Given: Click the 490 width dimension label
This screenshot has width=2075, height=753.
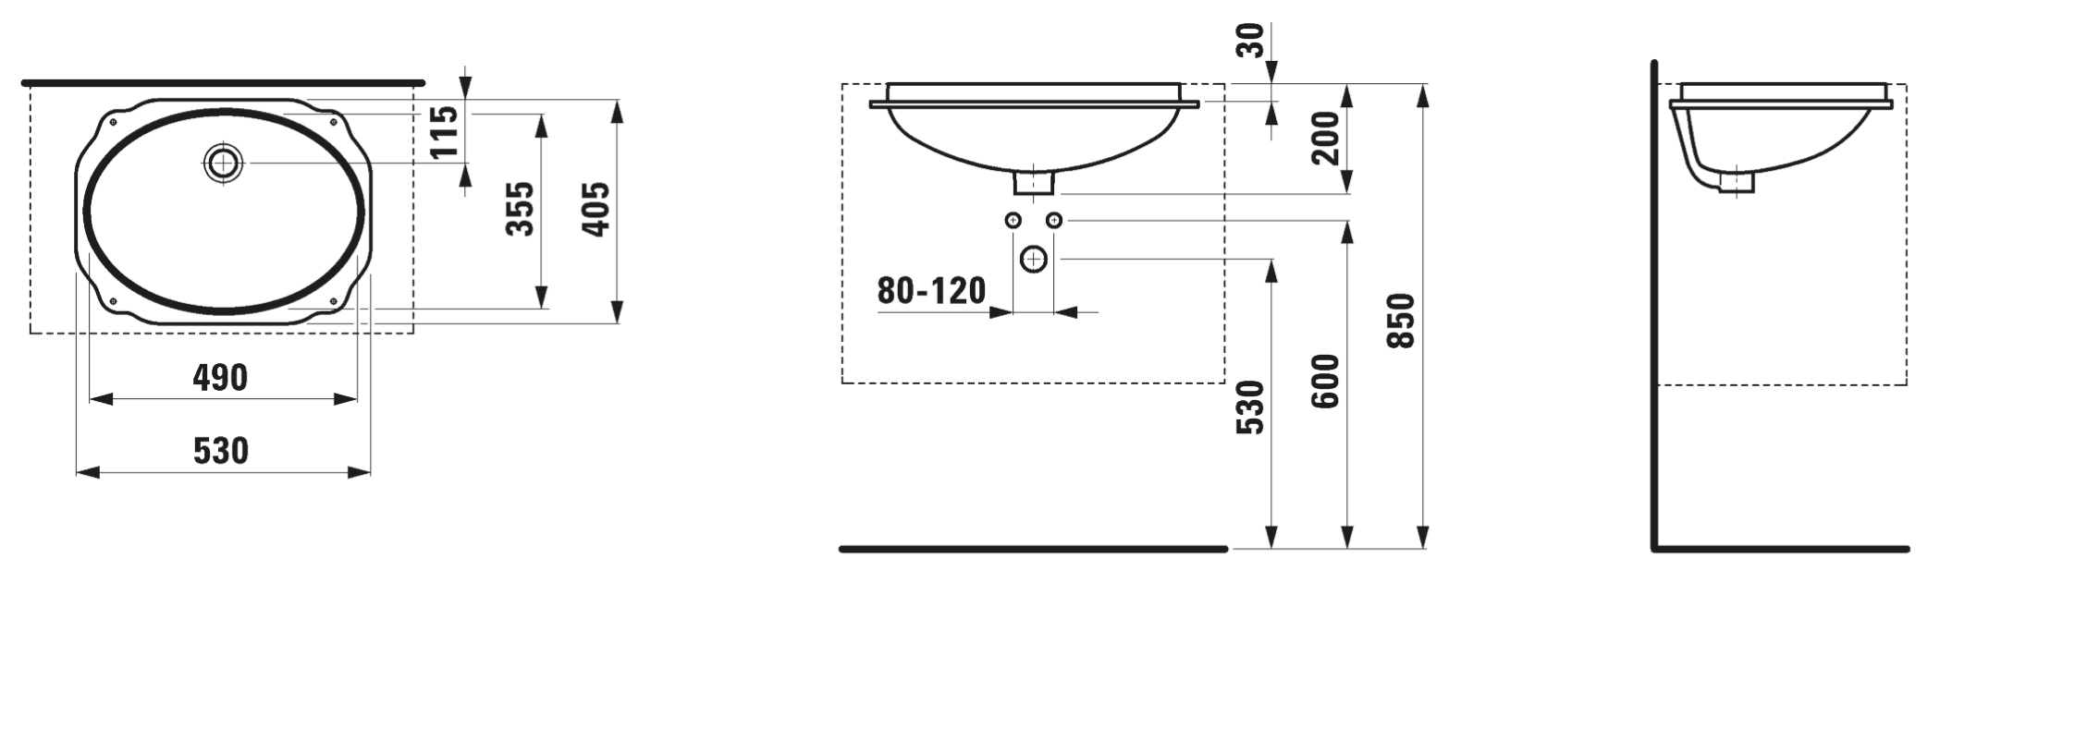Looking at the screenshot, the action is coord(220,378).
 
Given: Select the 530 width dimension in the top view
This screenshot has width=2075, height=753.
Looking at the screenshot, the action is coord(221,451).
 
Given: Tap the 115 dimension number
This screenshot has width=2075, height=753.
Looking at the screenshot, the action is coord(445,131).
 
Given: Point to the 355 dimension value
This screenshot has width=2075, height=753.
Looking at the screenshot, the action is coord(521,209).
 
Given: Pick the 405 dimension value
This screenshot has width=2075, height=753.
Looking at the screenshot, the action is coord(596,209).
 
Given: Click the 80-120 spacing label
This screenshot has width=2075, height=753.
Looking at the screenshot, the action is coord(931,291).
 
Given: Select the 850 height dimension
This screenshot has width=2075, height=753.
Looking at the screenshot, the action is coord(1402,321).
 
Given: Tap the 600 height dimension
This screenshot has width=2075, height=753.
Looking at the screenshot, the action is coord(1325,382).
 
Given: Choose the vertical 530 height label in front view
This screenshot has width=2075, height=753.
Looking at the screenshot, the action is coord(1249,407).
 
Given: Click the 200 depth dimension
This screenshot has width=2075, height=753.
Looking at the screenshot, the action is coord(1326,138).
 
